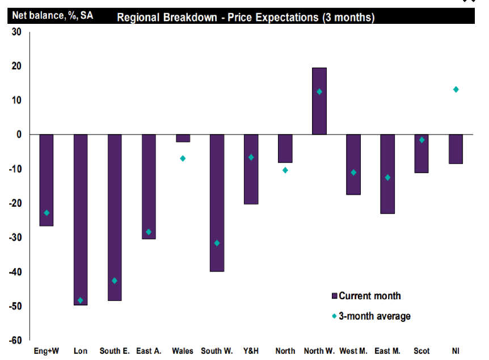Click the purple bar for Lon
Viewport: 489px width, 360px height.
[x=81, y=220]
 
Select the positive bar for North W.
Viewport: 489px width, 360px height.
[x=319, y=101]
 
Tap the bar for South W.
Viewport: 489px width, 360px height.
[x=217, y=203]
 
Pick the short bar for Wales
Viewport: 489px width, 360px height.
[x=183, y=138]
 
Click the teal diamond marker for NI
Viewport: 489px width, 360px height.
[x=456, y=89]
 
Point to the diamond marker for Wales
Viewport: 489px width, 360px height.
[x=183, y=158]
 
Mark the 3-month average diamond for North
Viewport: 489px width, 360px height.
[x=285, y=170]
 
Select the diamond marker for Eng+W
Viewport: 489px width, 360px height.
[x=47, y=213]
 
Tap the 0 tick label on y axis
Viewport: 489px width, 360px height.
[x=18, y=135]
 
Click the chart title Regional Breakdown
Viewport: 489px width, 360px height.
[x=246, y=18]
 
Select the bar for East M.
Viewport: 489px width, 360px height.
[x=387, y=174]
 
